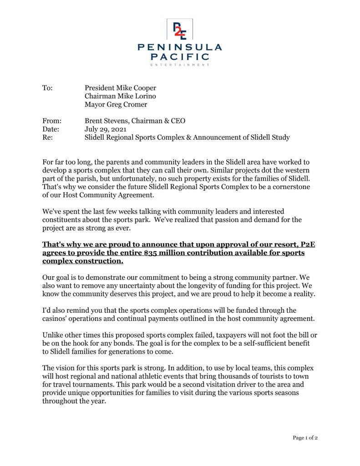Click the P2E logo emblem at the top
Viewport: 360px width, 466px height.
[180, 30]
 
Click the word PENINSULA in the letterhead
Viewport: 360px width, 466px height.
[180, 47]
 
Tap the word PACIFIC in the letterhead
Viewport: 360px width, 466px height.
[180, 57]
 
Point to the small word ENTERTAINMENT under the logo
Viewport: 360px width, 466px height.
[180, 65]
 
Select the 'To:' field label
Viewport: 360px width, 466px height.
[47, 88]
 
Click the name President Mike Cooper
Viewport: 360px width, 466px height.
[121, 88]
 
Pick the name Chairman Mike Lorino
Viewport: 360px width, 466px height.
[120, 96]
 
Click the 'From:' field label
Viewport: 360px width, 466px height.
[51, 121]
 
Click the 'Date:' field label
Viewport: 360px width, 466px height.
[51, 129]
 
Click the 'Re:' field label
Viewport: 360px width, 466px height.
[47, 137]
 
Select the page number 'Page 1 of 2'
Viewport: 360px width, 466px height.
[305, 438]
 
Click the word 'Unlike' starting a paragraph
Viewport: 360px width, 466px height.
[54, 335]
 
